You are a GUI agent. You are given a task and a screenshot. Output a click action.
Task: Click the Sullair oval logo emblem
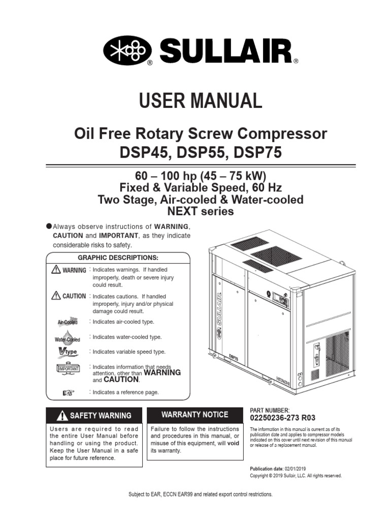click(127, 51)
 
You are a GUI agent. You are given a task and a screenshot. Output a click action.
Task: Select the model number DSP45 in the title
click(139, 152)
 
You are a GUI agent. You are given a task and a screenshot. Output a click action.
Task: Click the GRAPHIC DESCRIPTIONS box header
click(118, 257)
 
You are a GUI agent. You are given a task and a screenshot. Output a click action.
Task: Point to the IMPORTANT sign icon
click(67, 369)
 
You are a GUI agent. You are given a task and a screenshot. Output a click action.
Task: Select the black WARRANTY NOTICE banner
click(194, 415)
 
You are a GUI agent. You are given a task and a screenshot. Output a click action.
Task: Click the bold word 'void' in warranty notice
click(233, 443)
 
